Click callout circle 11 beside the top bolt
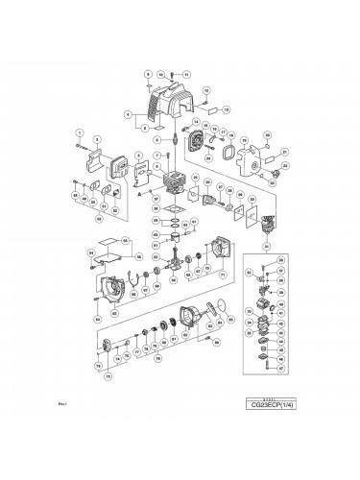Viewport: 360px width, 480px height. click(x=186, y=74)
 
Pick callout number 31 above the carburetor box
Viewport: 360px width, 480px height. click(x=266, y=247)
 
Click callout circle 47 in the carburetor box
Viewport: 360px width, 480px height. click(x=280, y=369)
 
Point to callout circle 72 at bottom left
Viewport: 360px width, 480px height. click(x=108, y=376)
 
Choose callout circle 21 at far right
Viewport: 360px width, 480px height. click(x=285, y=152)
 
